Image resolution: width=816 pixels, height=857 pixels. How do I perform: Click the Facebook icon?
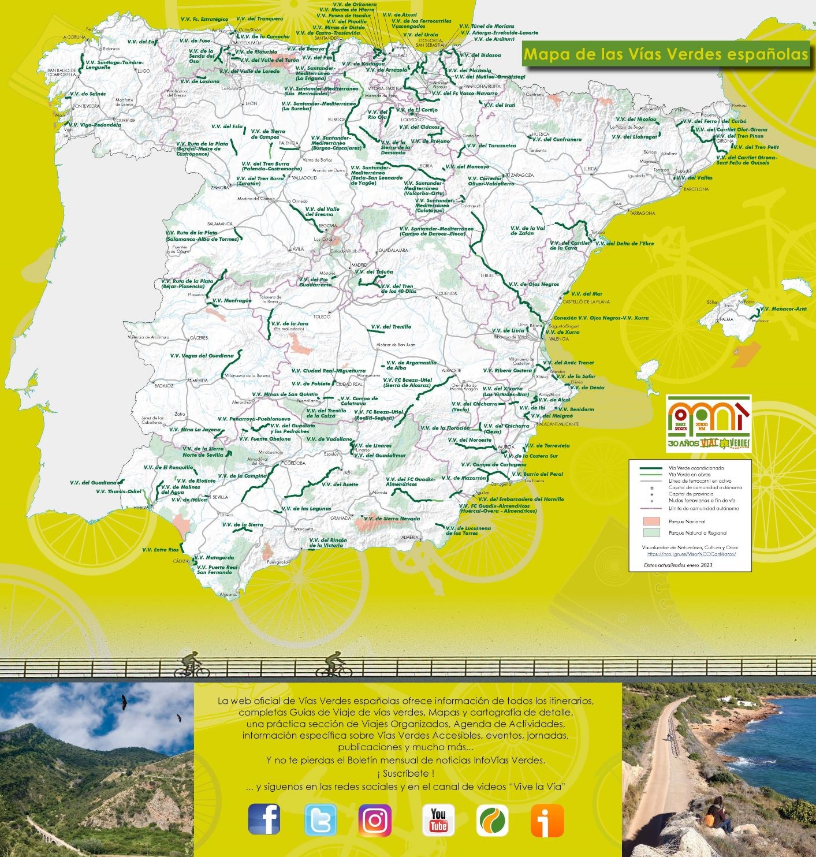[x=264, y=819]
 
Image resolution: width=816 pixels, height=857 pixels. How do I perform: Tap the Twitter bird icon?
[x=320, y=820]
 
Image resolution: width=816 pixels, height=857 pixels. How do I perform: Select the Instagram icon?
[x=375, y=820]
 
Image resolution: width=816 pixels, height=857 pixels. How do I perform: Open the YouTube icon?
[x=438, y=820]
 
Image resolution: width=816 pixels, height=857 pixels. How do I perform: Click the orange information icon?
[x=547, y=820]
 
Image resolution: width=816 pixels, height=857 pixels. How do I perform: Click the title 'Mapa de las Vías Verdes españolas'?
[x=665, y=54]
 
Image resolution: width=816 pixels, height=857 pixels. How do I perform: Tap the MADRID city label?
[x=359, y=265]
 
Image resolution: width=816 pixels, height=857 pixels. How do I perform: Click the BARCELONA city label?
[x=696, y=189]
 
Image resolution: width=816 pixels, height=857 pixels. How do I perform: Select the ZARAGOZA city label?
[x=522, y=175]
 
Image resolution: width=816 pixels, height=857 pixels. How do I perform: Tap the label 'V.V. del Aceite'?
[x=340, y=485]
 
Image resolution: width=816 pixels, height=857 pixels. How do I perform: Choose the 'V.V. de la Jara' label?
[x=289, y=324]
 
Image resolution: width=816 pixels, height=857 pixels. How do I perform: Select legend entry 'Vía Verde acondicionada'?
[x=695, y=468]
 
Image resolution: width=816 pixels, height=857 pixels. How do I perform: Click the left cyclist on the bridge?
[x=192, y=664]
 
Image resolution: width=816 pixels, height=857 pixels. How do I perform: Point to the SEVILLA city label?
[x=220, y=497]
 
